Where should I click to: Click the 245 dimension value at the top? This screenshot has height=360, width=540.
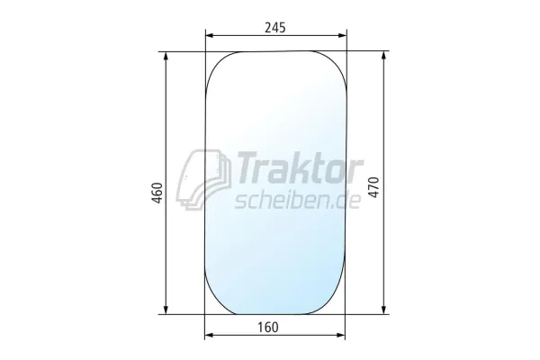point(275,27)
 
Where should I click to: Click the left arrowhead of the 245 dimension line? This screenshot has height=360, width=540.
point(210,36)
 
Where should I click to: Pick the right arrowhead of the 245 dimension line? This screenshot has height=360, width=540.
point(343,36)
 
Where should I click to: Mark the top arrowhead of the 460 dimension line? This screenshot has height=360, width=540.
point(166,57)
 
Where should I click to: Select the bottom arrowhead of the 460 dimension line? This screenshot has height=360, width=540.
point(166,310)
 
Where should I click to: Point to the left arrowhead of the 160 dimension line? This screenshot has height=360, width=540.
point(210,336)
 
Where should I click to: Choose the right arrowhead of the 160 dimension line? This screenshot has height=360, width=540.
point(343,336)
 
